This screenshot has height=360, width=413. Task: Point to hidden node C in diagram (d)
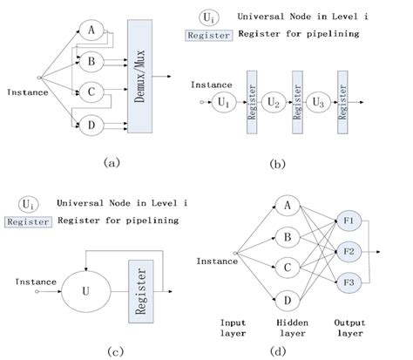284,268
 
